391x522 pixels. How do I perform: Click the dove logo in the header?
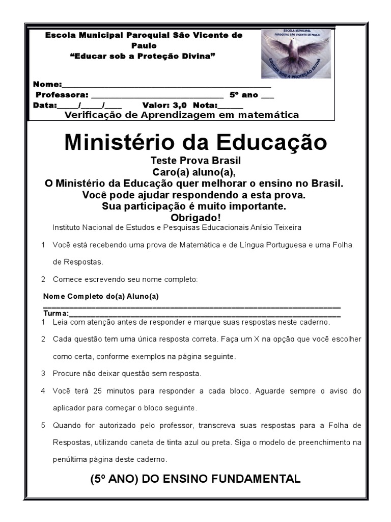[x=296, y=54]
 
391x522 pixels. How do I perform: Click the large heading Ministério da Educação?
[x=195, y=143]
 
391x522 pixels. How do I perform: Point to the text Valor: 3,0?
[x=164, y=106]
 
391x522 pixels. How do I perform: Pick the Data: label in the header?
[x=45, y=106]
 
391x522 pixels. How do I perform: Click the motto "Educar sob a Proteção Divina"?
[x=143, y=56]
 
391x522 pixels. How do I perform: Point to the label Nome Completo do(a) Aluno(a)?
[x=101, y=296]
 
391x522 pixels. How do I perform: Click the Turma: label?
[x=55, y=313]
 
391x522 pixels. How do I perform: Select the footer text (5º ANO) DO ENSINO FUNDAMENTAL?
[x=195, y=479]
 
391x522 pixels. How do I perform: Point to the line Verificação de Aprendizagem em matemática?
[x=182, y=115]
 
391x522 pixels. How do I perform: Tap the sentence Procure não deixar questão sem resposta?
[x=127, y=374]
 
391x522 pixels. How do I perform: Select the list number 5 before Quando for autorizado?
[x=43, y=425]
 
